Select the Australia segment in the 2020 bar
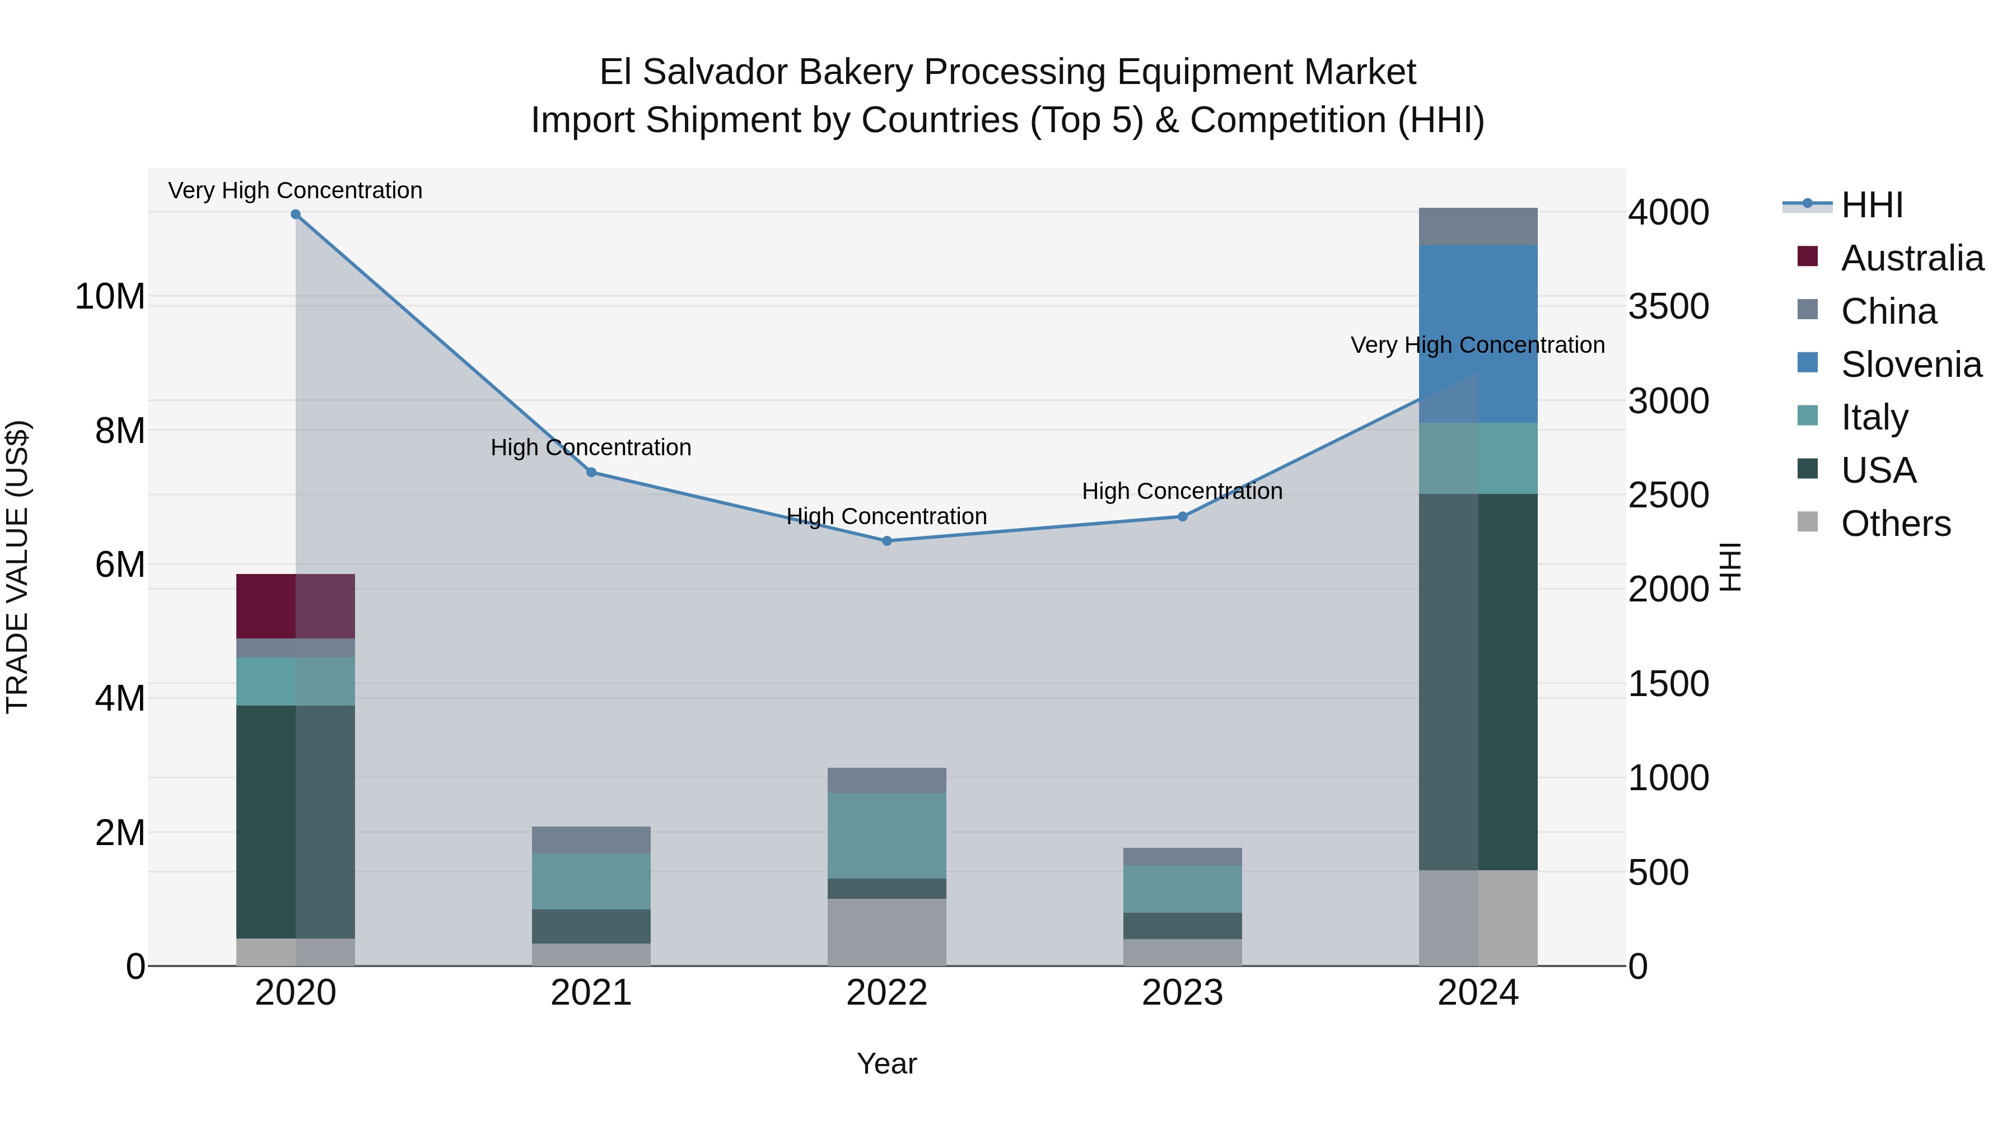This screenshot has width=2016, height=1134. pos(295,606)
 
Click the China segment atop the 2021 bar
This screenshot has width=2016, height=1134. pos(591,840)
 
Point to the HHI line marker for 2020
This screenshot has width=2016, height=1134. pos(295,214)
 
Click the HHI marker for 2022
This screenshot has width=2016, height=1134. pos(886,541)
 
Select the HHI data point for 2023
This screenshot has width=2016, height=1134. pos(1183,516)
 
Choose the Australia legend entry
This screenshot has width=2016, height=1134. pos(1911,258)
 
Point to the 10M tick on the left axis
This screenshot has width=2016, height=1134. pos(110,297)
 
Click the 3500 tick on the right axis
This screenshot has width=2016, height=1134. pos(1669,307)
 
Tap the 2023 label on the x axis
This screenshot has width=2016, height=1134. pos(1183,993)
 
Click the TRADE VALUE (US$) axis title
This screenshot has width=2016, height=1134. pos(17,567)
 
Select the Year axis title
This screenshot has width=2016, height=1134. pos(886,1063)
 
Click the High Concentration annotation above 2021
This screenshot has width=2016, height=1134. pos(591,447)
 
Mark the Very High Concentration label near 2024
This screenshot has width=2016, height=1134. pos(1478,345)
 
